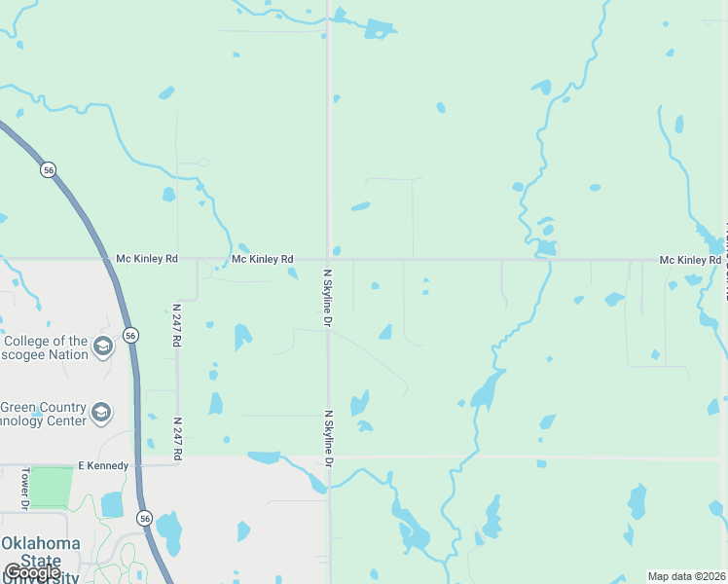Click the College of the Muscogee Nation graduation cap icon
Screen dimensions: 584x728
point(103,347)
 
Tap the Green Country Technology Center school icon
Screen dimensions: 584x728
point(101,414)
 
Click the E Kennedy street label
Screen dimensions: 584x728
point(103,466)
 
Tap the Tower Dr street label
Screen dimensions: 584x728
point(25,489)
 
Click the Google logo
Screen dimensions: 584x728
point(32,572)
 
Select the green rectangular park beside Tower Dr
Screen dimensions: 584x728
point(52,487)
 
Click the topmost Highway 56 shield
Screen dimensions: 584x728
point(48,170)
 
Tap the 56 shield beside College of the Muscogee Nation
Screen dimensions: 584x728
point(131,335)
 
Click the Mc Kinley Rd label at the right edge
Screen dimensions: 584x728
point(690,260)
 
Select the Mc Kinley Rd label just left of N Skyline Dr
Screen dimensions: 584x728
point(262,259)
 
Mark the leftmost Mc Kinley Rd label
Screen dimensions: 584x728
point(147,259)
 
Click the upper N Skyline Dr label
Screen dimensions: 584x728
point(328,297)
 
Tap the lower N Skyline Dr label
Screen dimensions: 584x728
point(329,438)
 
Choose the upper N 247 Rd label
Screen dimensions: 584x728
point(178,319)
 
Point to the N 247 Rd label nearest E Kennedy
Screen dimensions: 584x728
point(178,435)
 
